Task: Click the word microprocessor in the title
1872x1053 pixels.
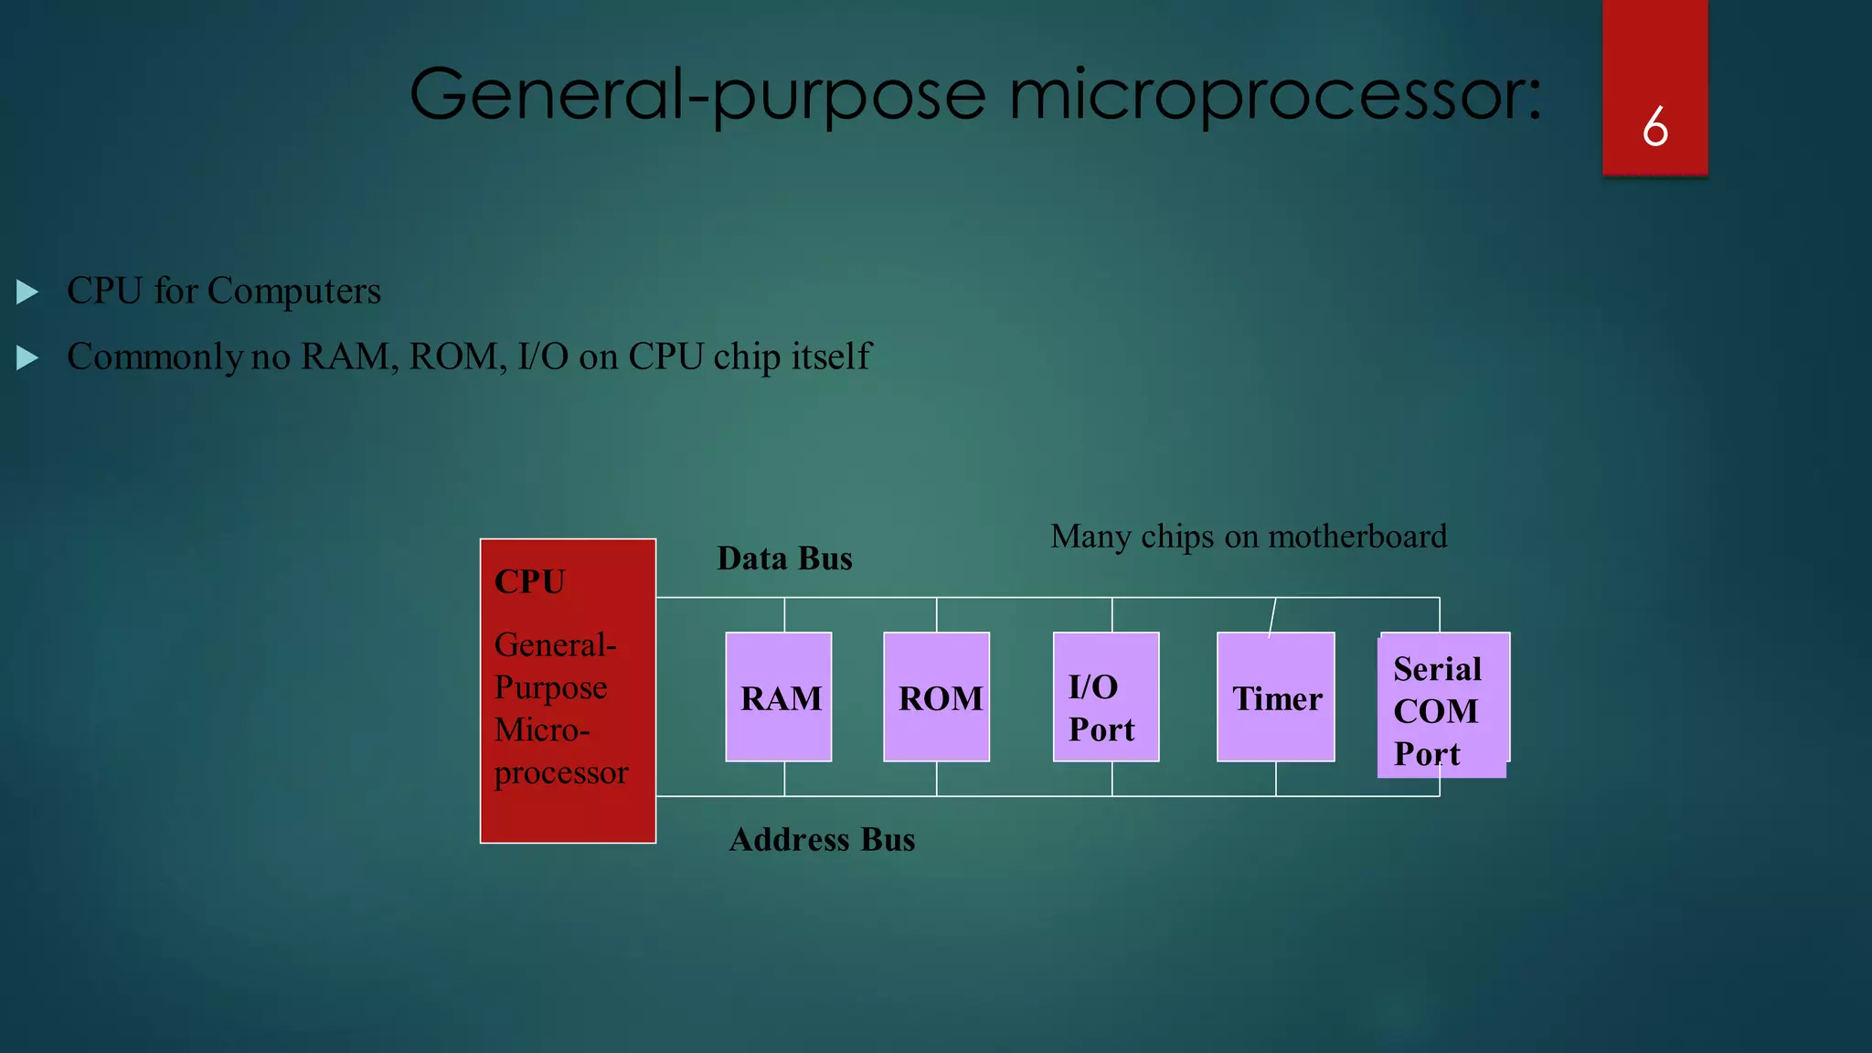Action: point(1275,95)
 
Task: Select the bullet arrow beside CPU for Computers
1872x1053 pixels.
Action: point(27,292)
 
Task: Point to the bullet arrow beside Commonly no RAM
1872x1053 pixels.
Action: point(27,357)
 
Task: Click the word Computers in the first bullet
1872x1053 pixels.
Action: point(293,292)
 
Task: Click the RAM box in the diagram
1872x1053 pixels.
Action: point(779,697)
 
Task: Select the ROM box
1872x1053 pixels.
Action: point(937,697)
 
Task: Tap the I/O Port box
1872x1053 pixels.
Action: point(1106,697)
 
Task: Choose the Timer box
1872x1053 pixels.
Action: point(1276,697)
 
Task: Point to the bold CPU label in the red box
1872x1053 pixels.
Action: point(530,581)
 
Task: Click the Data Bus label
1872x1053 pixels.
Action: point(784,558)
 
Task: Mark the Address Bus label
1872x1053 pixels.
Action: point(822,839)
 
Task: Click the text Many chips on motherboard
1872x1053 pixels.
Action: point(1249,537)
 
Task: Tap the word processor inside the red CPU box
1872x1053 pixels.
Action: point(561,773)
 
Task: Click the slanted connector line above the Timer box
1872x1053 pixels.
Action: point(1272,616)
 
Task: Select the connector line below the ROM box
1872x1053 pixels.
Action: point(937,779)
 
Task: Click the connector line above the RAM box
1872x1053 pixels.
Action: point(784,615)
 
